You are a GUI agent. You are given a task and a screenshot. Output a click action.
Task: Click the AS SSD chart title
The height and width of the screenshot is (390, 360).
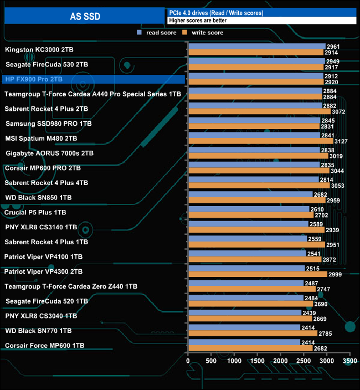(85, 16)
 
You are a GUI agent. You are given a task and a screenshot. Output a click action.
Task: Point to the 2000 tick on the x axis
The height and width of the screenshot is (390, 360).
(281, 361)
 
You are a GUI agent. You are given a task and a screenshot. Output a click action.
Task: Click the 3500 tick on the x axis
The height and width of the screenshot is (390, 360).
(350, 361)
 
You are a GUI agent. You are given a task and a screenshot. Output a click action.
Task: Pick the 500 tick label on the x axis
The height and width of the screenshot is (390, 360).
(212, 361)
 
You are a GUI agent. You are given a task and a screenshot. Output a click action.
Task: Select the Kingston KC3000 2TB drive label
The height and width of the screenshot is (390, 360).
(39, 50)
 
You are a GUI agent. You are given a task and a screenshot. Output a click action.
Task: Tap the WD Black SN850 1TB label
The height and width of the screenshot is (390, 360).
(38, 197)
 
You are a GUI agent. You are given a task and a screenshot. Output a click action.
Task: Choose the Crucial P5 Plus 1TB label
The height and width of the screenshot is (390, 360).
(35, 212)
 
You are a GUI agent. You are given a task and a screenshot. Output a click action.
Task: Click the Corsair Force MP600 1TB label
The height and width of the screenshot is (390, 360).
(44, 345)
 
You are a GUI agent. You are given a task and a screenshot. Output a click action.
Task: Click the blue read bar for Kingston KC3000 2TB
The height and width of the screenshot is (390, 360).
(256, 47)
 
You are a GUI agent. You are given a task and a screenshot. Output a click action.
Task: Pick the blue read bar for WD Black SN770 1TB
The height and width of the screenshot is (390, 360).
(244, 327)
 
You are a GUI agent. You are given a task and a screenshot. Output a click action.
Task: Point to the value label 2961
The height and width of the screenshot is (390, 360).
(333, 47)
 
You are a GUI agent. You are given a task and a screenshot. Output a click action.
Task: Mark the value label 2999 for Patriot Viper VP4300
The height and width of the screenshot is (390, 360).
(335, 274)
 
